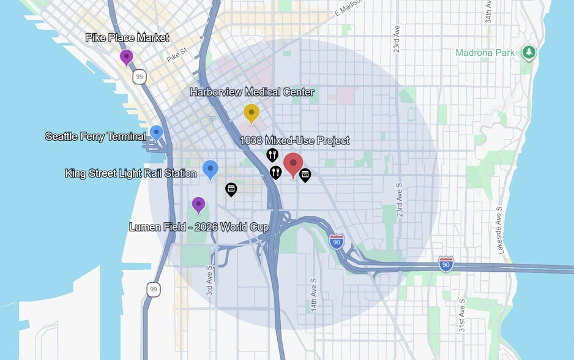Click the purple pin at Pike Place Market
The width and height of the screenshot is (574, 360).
click(127, 57)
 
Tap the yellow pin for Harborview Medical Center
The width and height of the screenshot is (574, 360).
click(251, 113)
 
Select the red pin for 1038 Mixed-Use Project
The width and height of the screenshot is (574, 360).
click(293, 164)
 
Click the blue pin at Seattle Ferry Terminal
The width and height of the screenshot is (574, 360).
click(156, 132)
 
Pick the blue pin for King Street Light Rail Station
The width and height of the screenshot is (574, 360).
click(210, 169)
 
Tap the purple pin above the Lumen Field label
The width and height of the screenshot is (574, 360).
click(198, 204)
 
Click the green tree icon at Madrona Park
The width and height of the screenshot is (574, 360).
click(529, 53)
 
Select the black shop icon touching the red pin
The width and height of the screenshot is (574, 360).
click(305, 175)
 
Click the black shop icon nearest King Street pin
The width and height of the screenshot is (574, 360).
click(231, 189)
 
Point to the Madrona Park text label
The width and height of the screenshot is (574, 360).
click(485, 53)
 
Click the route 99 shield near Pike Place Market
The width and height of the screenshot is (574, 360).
click(140, 77)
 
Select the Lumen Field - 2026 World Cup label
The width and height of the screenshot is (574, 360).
click(199, 227)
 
